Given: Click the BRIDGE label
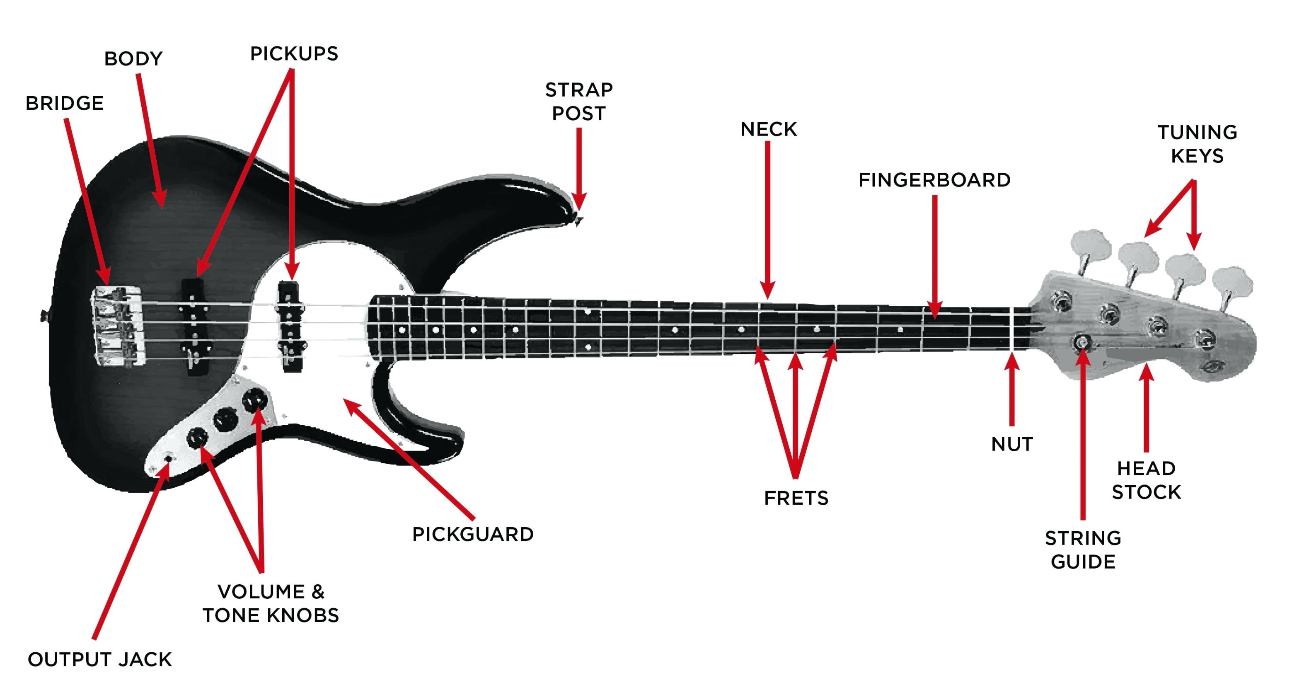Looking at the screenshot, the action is [65, 103].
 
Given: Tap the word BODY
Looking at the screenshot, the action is [133, 59].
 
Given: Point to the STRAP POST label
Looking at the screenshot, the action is [579, 102].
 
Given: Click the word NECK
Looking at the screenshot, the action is [768, 129].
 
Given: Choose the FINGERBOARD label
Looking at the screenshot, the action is [934, 180].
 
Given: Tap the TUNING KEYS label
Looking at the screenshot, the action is [1197, 145].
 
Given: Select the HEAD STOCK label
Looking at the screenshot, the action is [1146, 480].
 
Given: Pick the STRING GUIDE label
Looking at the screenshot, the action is [1083, 550].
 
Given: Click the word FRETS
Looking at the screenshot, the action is [796, 499].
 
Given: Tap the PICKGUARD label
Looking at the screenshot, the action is [472, 535].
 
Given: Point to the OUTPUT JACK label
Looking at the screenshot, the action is [100, 659].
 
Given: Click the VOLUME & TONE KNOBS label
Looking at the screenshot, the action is [271, 604].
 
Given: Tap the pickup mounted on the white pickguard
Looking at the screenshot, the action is [290, 326].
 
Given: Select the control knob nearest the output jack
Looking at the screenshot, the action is [197, 438].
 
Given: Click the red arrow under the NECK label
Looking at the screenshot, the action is [768, 220].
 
